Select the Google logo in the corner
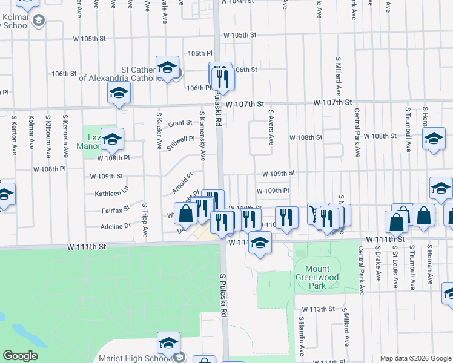(19, 356)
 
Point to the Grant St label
(180, 123)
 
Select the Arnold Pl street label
(182, 182)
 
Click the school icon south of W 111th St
(260, 243)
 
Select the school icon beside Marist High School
(168, 342)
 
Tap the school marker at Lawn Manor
(112, 140)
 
